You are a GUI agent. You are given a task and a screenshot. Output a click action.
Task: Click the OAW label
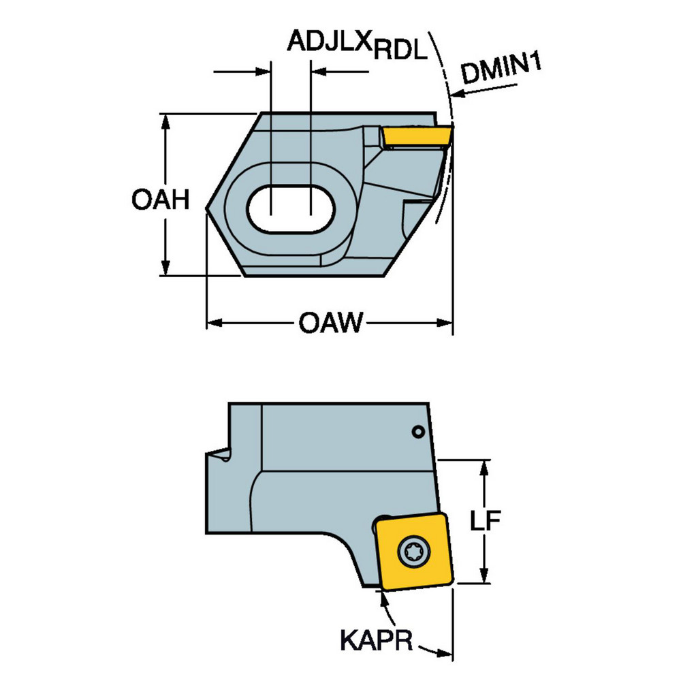click(331, 322)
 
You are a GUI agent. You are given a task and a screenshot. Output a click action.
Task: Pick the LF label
click(486, 521)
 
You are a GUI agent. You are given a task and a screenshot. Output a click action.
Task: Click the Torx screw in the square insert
click(414, 550)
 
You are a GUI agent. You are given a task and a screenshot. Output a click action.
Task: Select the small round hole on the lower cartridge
click(419, 431)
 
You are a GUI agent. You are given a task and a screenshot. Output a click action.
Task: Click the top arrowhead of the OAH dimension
click(165, 121)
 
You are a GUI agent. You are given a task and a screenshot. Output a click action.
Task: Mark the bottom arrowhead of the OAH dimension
click(165, 269)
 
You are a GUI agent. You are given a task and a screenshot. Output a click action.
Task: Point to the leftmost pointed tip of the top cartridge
click(207, 210)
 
